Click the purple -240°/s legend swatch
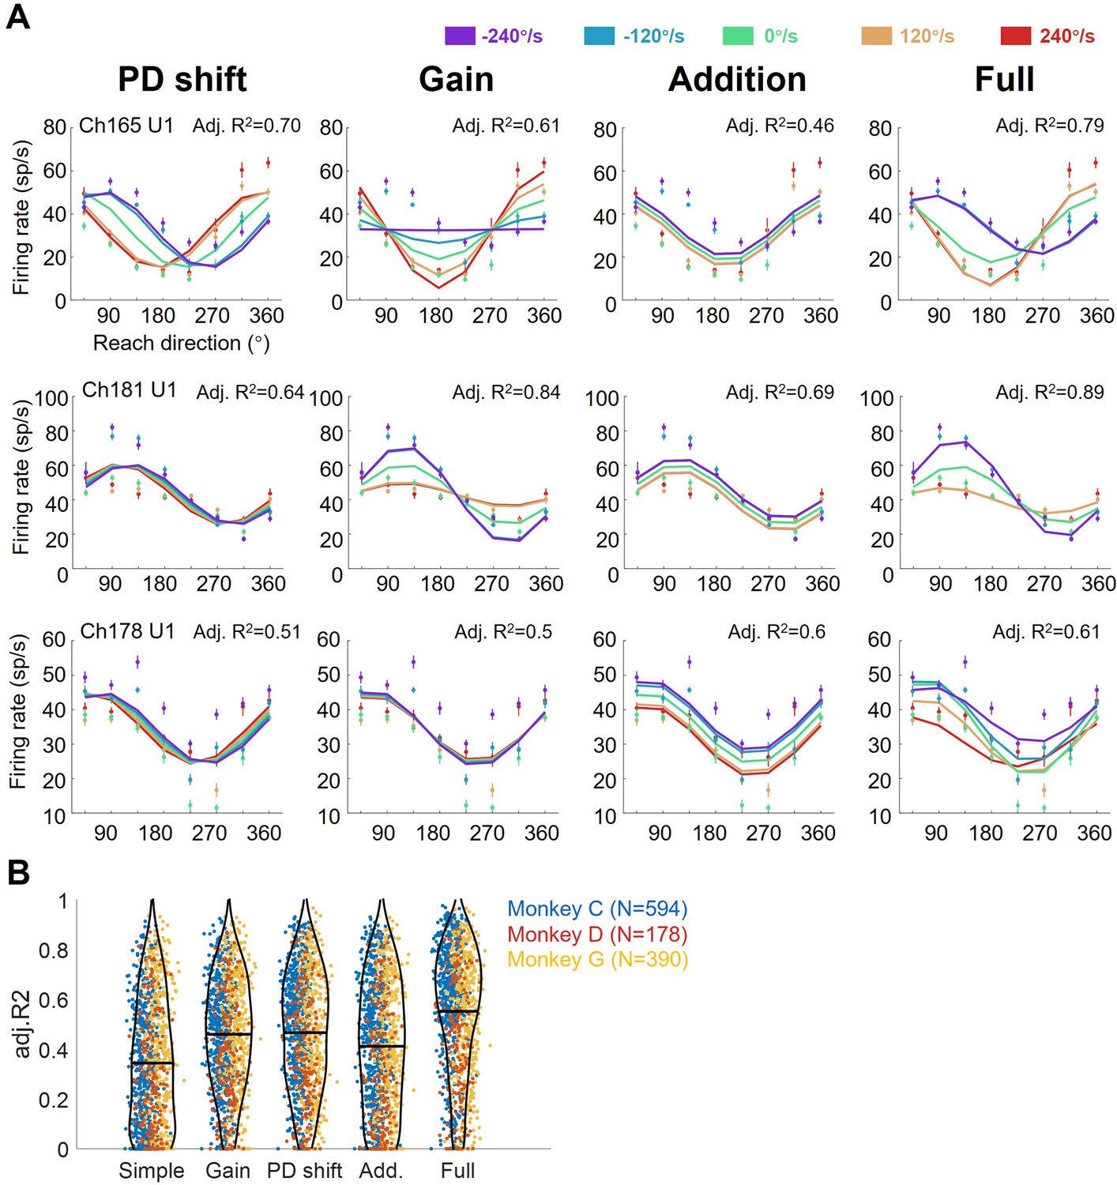(460, 36)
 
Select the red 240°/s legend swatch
(1015, 36)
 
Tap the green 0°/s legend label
(780, 36)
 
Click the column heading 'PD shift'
(182, 79)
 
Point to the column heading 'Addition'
(737, 79)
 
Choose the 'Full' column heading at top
(1004, 79)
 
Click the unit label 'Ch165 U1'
(126, 126)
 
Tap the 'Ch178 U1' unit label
(127, 631)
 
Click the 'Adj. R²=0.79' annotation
(1050, 126)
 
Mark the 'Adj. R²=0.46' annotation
(780, 126)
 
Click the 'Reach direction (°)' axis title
(182, 343)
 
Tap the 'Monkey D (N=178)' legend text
(597, 934)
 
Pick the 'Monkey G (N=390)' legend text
(597, 959)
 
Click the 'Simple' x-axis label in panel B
(152, 1171)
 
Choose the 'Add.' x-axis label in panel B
(382, 1170)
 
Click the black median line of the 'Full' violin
(457, 1010)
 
